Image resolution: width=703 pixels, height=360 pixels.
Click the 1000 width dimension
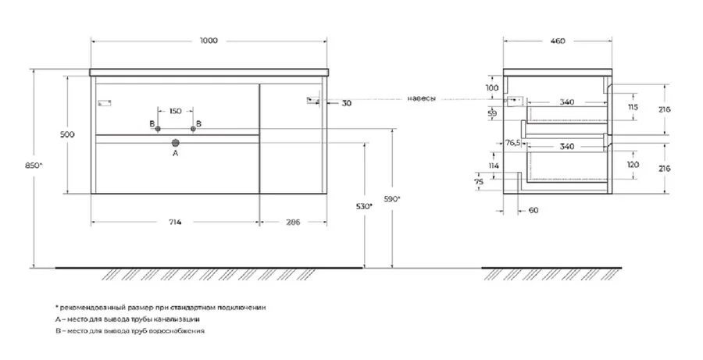(x=209, y=41)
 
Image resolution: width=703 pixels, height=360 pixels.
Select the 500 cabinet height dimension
(x=68, y=135)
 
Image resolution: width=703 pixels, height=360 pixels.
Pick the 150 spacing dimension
(x=176, y=111)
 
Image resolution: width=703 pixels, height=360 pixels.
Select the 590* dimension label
(x=391, y=199)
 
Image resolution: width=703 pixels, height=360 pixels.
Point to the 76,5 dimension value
(x=512, y=143)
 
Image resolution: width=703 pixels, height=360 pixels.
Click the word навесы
(x=421, y=99)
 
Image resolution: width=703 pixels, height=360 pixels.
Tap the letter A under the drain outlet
(x=176, y=155)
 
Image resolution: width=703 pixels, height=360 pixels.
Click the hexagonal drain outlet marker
(x=176, y=141)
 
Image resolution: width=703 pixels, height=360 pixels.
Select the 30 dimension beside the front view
(x=347, y=102)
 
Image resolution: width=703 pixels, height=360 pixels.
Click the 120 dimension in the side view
(x=633, y=166)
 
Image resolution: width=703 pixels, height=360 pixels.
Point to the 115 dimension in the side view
(x=633, y=107)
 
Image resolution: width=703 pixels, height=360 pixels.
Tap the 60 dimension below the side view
(x=533, y=211)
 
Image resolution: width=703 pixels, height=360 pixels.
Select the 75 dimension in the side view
(x=490, y=181)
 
